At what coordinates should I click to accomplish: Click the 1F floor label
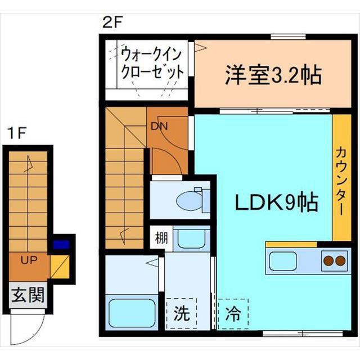click(x=17, y=133)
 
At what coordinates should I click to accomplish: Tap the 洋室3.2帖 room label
click(x=273, y=75)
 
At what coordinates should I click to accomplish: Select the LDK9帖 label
click(x=276, y=202)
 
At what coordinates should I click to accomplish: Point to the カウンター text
click(x=341, y=181)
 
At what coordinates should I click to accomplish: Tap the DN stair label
click(x=159, y=126)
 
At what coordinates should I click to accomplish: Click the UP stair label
click(x=29, y=260)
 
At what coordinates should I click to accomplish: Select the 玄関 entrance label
click(x=28, y=295)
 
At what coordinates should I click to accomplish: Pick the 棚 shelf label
click(x=161, y=238)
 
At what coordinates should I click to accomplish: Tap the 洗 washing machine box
click(x=182, y=313)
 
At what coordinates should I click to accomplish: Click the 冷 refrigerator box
click(x=233, y=314)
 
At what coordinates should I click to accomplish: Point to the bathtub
click(x=132, y=313)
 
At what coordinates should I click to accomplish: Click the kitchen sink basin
click(x=282, y=261)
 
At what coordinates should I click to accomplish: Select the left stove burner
click(x=328, y=260)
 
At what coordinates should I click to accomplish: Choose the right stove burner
click(x=340, y=260)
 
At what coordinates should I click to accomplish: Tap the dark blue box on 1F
click(x=61, y=245)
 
